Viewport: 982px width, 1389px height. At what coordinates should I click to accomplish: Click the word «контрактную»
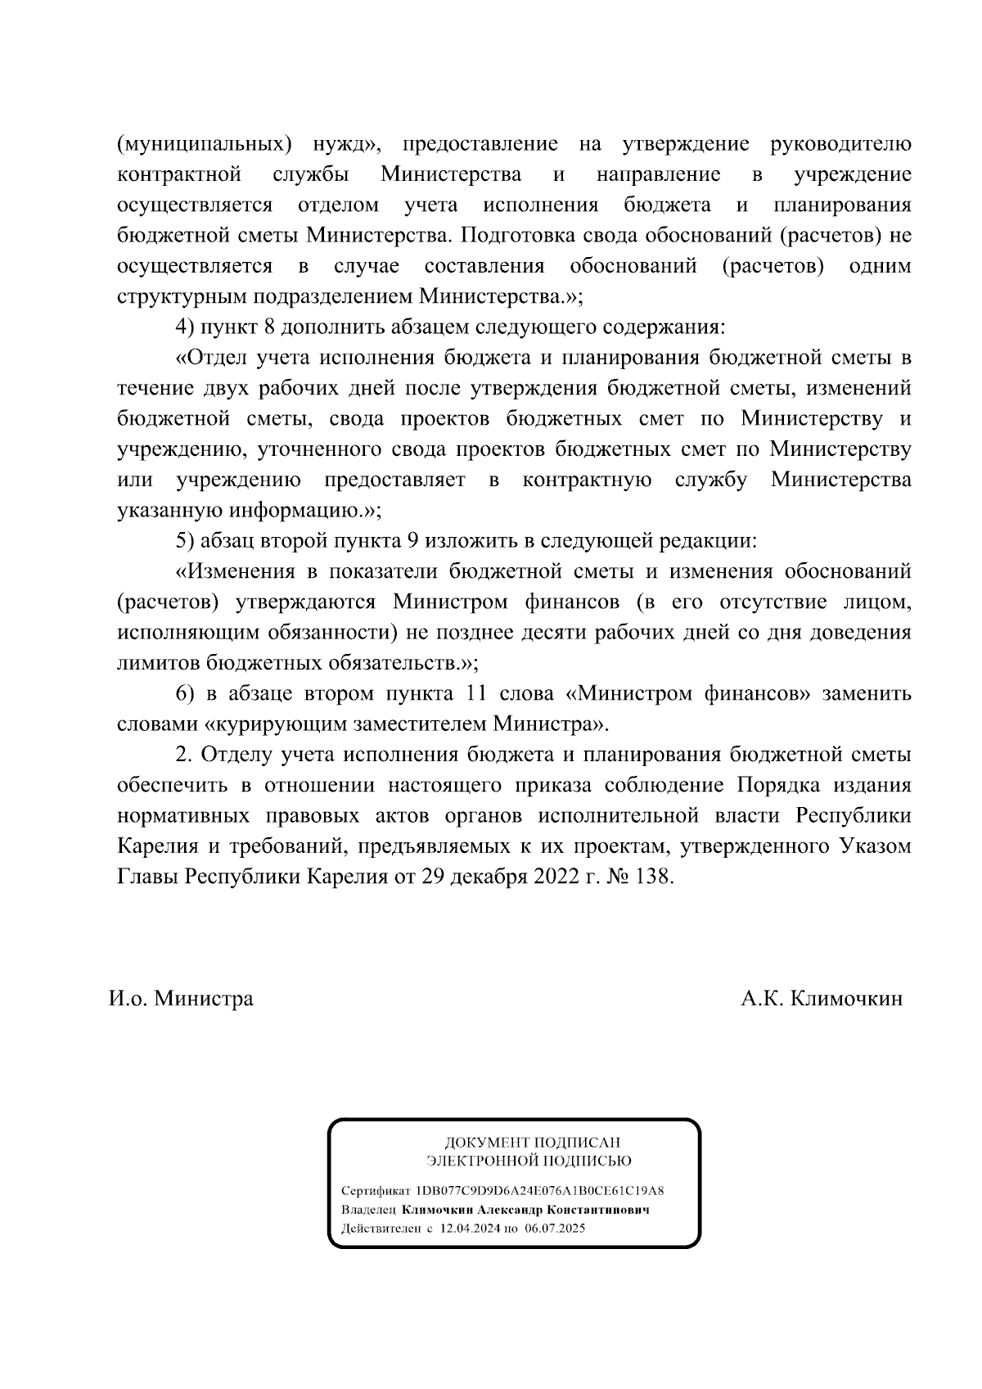pos(587,479)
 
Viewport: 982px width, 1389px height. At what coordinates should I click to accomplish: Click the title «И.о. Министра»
pos(181,999)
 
